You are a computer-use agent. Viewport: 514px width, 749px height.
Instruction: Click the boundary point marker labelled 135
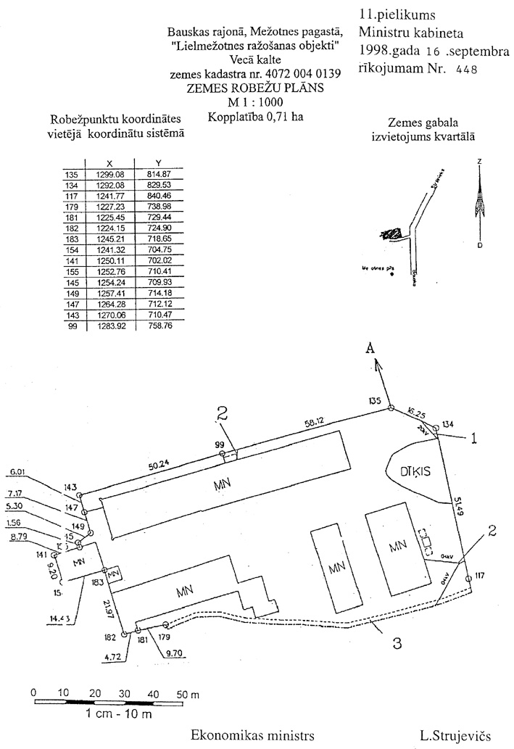(391, 409)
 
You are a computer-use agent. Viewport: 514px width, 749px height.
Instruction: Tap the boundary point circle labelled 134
(435, 427)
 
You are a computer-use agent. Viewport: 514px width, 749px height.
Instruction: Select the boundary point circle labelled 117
(468, 578)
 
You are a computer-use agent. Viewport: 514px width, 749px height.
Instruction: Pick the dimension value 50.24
(159, 466)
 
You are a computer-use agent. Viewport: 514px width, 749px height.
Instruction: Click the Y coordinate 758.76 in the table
(158, 327)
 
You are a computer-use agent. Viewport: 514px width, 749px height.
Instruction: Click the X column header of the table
(109, 164)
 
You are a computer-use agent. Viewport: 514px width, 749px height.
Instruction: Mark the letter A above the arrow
(370, 349)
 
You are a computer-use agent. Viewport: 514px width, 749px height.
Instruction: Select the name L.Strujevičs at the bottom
(455, 735)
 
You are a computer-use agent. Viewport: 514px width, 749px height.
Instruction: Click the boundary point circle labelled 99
(223, 455)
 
